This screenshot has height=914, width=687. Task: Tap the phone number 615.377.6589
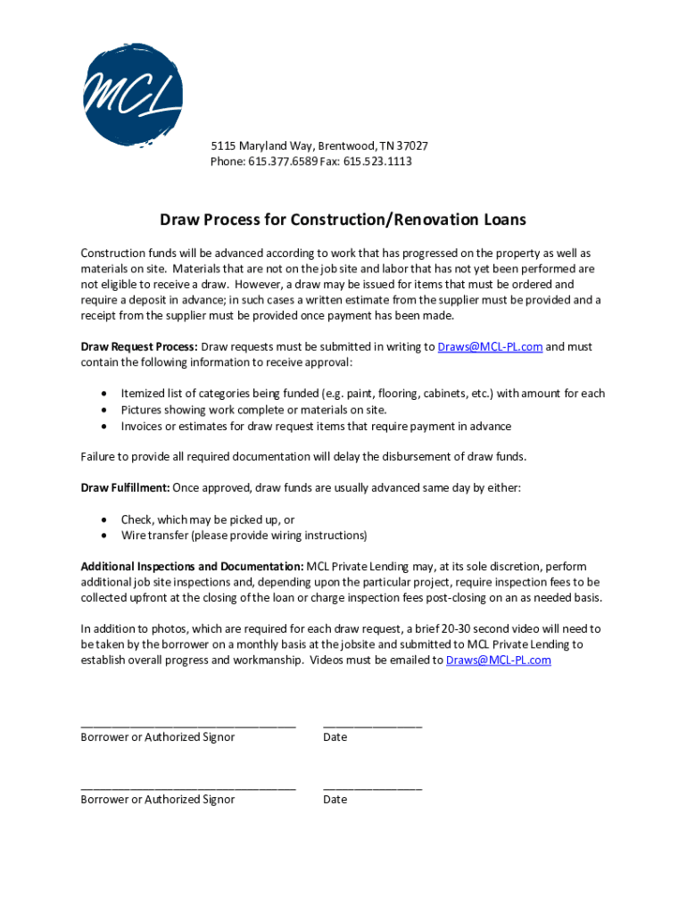click(278, 162)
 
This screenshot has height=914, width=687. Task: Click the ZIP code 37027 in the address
click(411, 145)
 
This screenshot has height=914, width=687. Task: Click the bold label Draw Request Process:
click(139, 346)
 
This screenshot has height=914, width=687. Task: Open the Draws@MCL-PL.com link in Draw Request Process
click(490, 346)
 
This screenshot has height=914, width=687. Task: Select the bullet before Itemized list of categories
click(105, 394)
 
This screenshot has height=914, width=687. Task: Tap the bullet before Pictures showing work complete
click(105, 410)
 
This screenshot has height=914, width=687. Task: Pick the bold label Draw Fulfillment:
click(125, 488)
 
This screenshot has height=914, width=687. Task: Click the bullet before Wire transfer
click(105, 536)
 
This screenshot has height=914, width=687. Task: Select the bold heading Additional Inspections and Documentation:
click(192, 567)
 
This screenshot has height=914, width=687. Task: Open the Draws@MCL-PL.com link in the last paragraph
click(498, 661)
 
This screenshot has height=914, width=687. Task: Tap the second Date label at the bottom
click(335, 800)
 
